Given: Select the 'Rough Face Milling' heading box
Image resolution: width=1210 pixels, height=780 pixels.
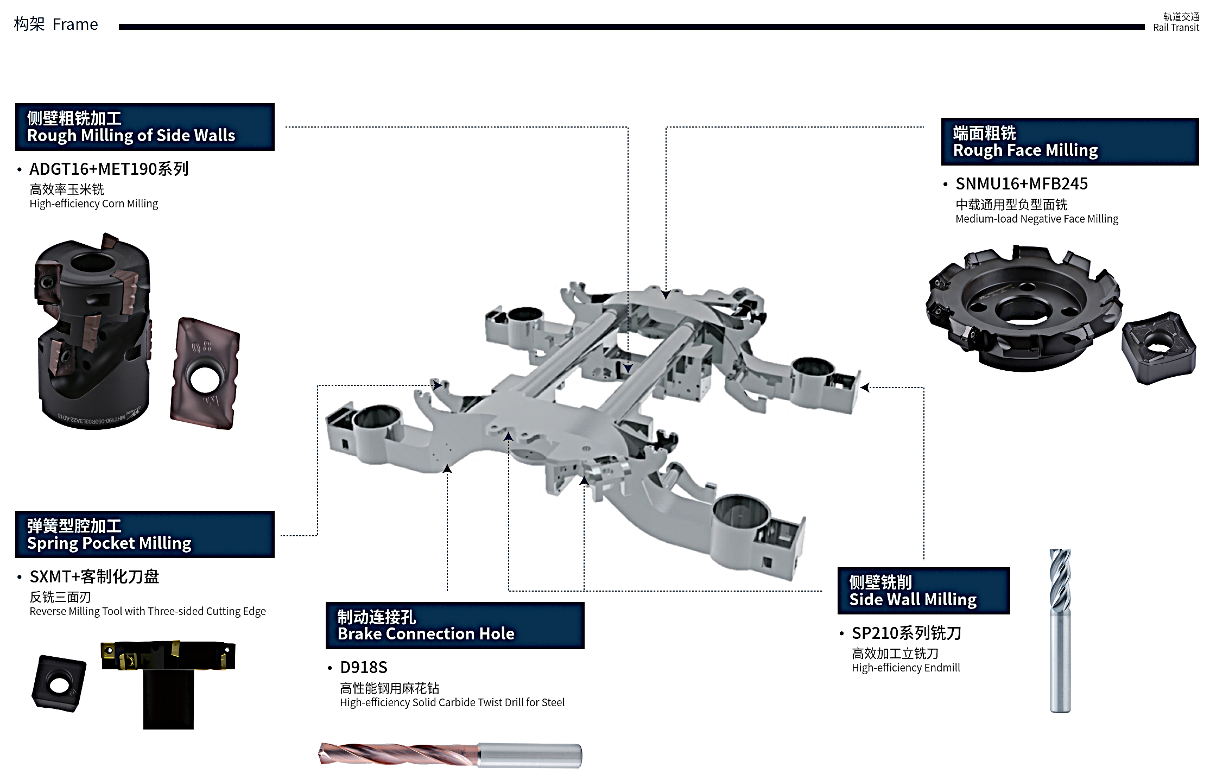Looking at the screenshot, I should (1069, 142).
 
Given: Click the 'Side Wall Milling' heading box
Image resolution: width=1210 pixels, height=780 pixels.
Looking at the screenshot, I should (923, 591).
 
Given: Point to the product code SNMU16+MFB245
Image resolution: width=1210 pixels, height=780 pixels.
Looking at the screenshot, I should (1021, 184).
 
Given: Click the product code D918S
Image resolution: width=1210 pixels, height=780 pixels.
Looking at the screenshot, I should (363, 668).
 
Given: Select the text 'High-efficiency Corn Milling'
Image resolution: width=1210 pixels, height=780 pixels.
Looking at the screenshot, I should (93, 204).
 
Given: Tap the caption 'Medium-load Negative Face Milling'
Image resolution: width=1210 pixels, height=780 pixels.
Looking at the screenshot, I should (1036, 219).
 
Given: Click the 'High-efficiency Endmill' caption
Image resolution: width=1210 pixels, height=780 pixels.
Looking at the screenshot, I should (905, 668).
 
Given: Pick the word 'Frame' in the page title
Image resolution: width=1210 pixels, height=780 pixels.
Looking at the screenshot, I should (75, 24).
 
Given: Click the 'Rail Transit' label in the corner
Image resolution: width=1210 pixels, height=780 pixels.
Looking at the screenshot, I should (1176, 28).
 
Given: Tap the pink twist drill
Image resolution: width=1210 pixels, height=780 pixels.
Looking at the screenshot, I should (449, 755).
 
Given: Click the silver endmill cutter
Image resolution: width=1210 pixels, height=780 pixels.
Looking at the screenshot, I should (1060, 630).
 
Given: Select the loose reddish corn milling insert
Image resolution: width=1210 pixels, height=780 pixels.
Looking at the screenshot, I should (205, 373).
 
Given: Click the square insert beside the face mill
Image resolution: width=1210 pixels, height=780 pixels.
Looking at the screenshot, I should (1158, 347).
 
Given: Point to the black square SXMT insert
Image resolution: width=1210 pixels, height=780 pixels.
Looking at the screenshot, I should (59, 683).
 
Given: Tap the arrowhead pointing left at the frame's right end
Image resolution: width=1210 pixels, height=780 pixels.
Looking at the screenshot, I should (864, 388).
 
